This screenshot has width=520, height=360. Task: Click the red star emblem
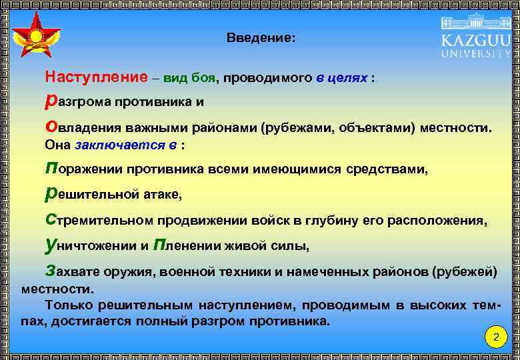tap(37, 35)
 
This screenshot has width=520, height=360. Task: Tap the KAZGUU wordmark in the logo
tap(475, 39)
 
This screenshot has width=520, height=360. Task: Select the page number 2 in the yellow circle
tap(495, 337)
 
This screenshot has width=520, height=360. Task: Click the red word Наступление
tap(96, 77)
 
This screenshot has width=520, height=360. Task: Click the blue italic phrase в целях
tap(342, 78)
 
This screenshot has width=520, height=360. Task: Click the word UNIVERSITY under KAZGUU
tap(475, 53)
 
